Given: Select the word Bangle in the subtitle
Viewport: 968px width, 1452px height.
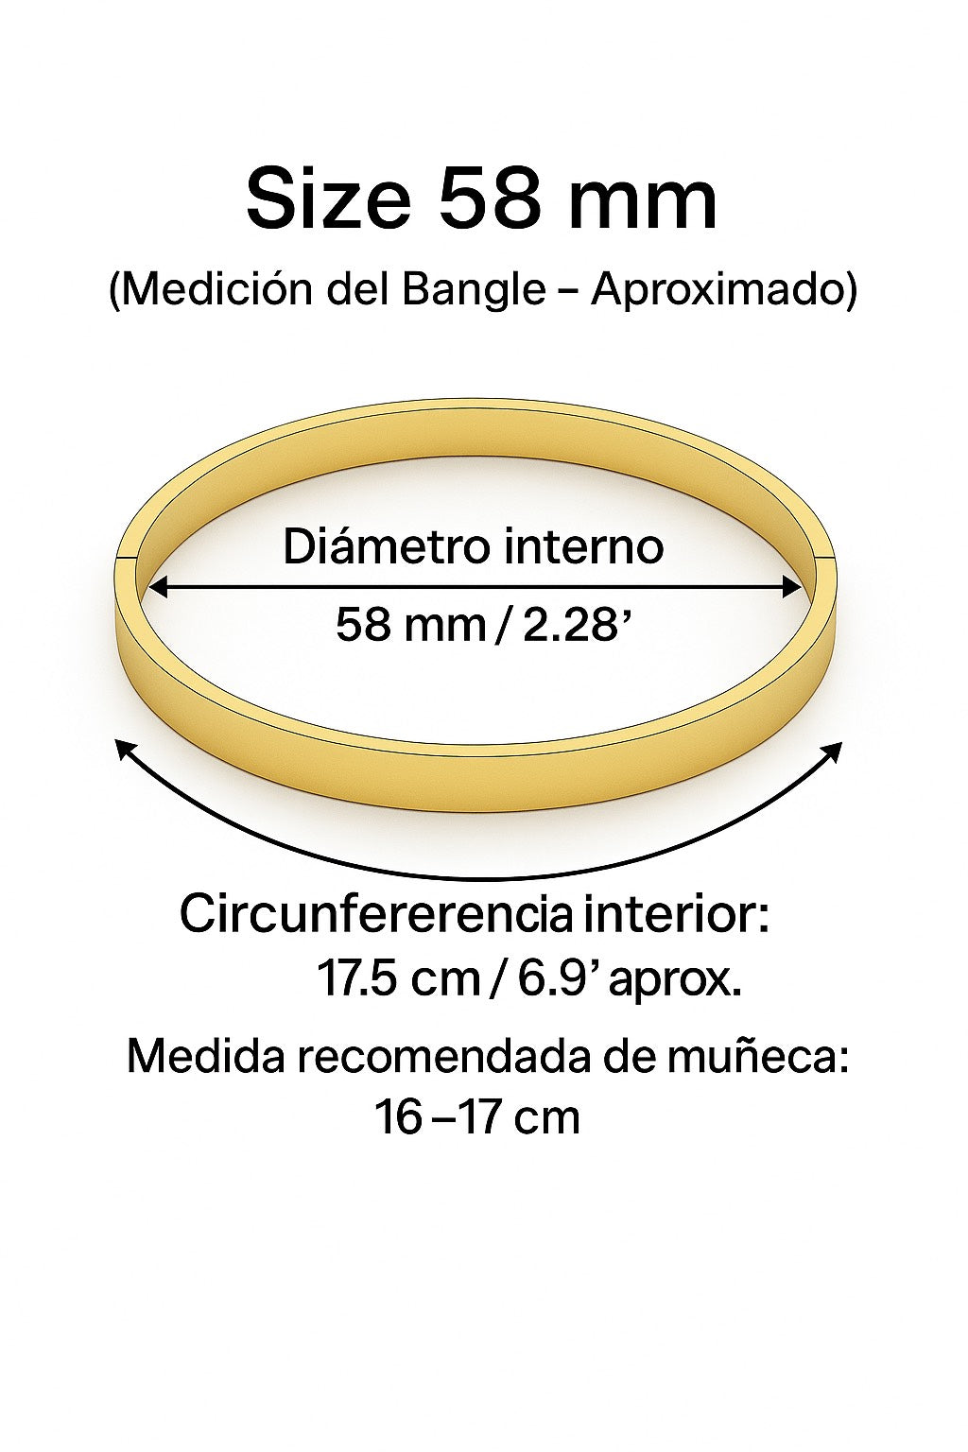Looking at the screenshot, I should pos(474,289).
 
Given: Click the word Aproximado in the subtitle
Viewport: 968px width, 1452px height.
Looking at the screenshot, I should pos(724,289).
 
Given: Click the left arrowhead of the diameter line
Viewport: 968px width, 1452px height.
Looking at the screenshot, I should pos(157,587).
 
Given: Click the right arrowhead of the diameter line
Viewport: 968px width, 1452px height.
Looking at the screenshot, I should pos(792,587).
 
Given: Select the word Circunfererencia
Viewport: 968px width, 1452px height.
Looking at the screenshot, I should pos(375,914).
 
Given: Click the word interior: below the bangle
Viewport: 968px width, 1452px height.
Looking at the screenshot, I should pos(677,914).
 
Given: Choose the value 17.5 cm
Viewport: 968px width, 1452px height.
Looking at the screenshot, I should pos(398,977).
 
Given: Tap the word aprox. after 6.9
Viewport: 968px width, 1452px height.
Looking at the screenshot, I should pos(674,979).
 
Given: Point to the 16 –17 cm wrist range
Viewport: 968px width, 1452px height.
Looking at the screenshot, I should pos(476,1116).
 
